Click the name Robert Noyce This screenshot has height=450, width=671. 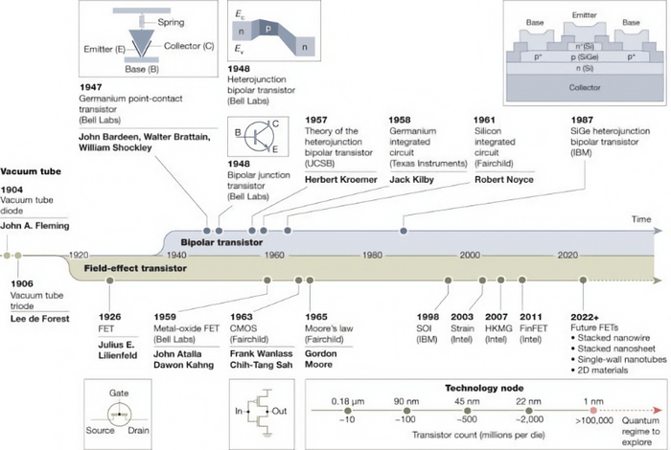506,179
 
